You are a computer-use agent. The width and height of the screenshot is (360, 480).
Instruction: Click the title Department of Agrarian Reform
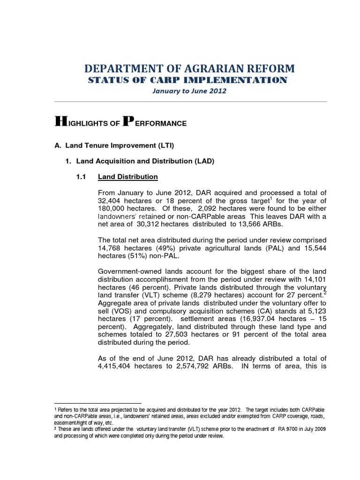coord(190,68)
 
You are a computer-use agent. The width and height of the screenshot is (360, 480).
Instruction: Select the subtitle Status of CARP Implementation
coord(187,80)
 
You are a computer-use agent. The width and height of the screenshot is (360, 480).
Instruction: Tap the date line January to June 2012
coord(189,91)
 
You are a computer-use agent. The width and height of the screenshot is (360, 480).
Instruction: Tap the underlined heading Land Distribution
coord(127,177)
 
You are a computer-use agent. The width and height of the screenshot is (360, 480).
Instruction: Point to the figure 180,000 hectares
coord(112,208)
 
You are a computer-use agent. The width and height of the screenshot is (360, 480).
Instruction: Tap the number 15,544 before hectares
coord(314,248)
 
